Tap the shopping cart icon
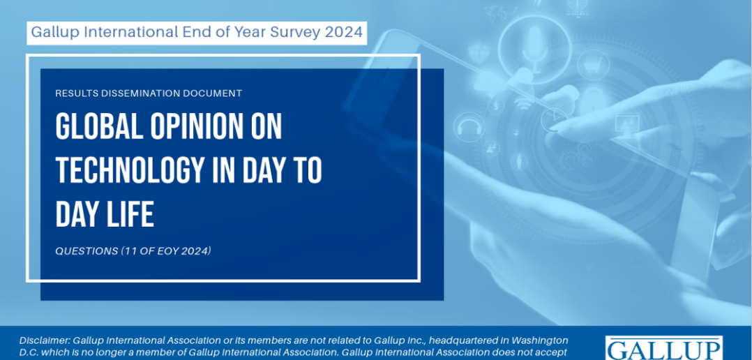click(x=593, y=64)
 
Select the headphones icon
click(x=469, y=126)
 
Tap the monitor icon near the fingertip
click(x=627, y=122)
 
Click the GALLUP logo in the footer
click(x=664, y=349)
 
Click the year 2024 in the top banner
click(x=343, y=32)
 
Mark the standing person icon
click(x=519, y=162)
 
